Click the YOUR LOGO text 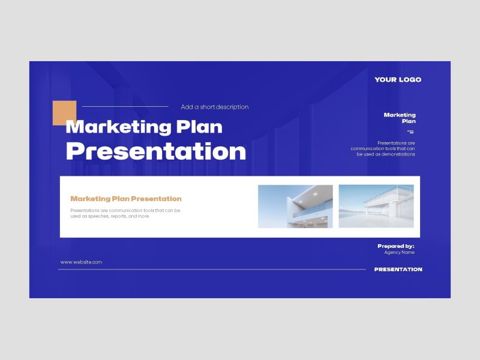coord(398,80)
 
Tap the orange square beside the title coord(64,113)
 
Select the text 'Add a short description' coord(215,107)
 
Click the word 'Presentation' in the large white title coord(156,151)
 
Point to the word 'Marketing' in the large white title coord(118,127)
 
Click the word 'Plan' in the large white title coord(199,127)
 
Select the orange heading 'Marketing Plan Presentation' coord(126,199)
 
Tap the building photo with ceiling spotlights coord(295,206)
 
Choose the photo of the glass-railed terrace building coord(376,206)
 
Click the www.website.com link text coord(81,262)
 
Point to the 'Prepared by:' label coord(396,246)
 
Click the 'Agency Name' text coord(400,252)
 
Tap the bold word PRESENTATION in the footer coord(398,269)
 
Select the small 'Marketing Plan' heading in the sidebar coord(400,118)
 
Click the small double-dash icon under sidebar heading coord(410,132)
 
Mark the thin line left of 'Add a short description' coord(125,107)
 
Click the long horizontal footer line coord(212,269)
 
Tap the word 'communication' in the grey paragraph coord(125,211)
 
